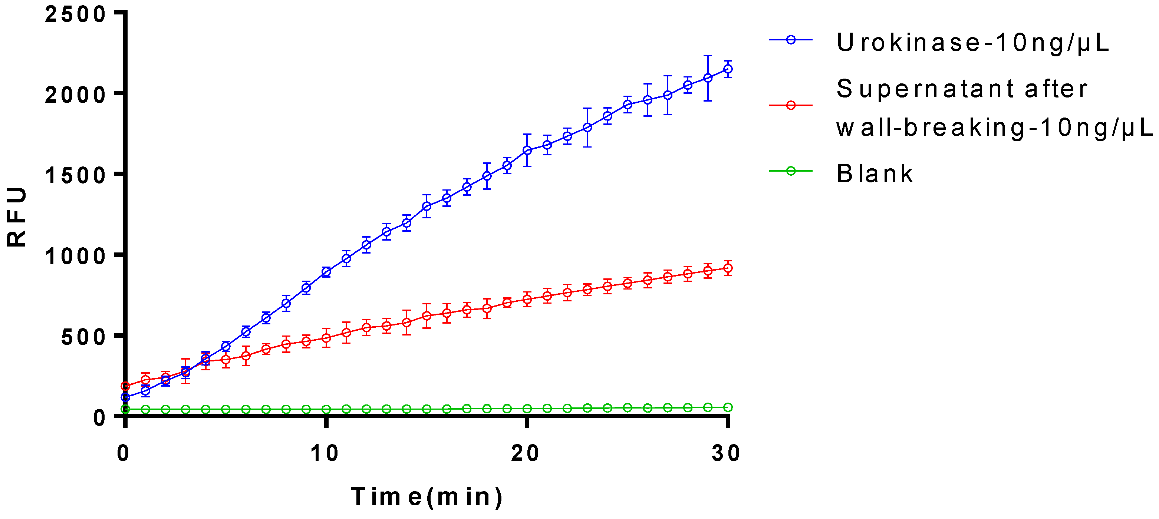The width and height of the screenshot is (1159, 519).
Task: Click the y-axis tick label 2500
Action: tap(75, 14)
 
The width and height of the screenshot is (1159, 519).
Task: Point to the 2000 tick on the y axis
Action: tap(75, 95)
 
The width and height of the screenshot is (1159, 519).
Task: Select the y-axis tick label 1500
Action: tap(75, 175)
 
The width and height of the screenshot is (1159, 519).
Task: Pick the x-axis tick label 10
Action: tap(325, 453)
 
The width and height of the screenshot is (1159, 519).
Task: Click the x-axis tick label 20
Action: tap(525, 453)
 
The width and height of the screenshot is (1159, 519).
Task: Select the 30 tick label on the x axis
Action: tap(726, 453)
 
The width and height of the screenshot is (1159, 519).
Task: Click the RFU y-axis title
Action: tap(17, 217)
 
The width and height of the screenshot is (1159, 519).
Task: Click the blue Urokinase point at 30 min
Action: tap(728, 69)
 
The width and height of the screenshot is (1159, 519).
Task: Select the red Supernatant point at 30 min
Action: tap(728, 268)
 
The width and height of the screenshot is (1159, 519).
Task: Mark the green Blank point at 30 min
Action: tap(728, 407)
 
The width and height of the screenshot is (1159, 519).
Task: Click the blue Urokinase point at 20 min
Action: tap(527, 150)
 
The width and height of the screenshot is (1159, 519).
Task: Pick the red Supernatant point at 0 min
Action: tap(125, 386)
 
